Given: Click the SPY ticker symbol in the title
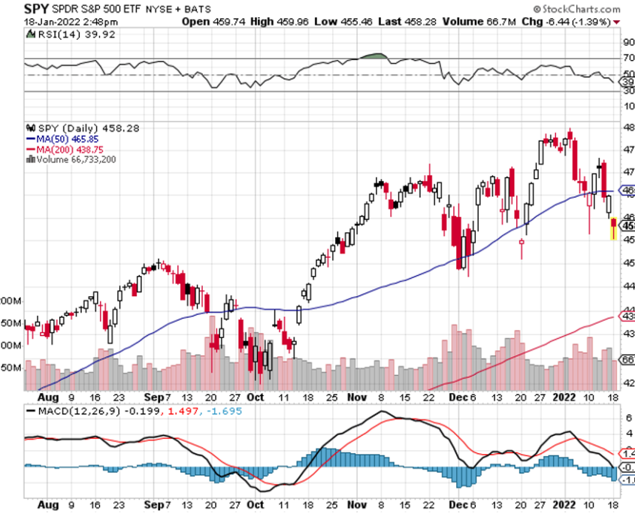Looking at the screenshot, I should point(37,10).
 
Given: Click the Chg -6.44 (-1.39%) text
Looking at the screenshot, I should point(577,22).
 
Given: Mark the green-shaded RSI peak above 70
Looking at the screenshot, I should point(373,56).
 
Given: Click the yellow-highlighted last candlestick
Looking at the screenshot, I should point(613,228).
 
